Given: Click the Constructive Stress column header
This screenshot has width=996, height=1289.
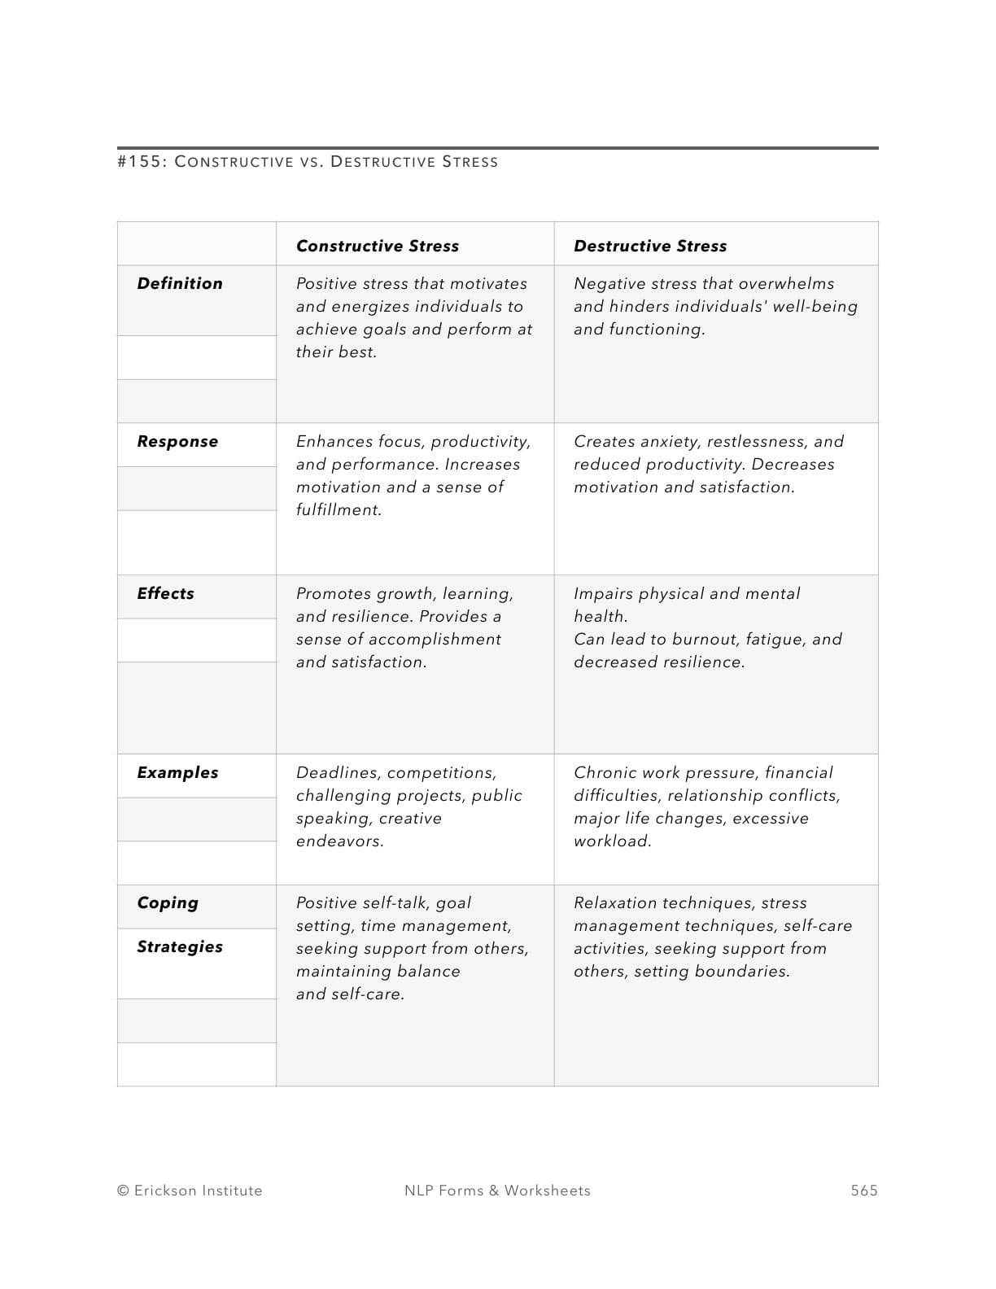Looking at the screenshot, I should [377, 246].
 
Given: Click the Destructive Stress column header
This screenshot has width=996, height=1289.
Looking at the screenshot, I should [649, 246].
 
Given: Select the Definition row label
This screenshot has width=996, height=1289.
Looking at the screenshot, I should [179, 283].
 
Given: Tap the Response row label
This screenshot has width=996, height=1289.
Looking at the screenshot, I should [177, 441].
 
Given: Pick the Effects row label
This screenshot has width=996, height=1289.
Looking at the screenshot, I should [165, 593].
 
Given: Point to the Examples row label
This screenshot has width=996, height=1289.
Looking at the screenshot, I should [177, 772].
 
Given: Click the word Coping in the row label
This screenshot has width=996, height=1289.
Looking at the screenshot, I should [167, 903].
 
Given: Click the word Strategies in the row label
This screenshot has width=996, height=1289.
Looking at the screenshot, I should [179, 946].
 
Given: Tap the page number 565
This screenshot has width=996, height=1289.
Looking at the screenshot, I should [863, 1191].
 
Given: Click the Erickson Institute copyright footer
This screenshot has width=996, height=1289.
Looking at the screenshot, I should [190, 1191].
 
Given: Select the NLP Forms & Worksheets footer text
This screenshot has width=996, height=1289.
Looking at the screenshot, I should [497, 1191].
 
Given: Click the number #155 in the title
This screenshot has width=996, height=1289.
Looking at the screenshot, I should [142, 161].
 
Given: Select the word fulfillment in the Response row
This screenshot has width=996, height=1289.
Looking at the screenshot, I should [338, 509].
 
